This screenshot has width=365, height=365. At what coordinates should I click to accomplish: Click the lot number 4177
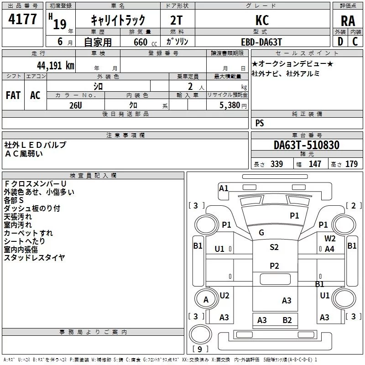[x=22, y=19]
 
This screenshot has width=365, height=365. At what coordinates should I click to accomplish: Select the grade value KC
[x=262, y=20]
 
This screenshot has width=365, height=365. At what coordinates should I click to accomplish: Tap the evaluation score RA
[x=348, y=21]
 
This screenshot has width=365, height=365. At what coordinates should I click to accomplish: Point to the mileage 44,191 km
[x=55, y=66]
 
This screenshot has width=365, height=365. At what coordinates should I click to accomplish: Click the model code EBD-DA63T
[x=261, y=42]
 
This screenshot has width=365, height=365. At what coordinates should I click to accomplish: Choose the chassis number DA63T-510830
[x=306, y=145]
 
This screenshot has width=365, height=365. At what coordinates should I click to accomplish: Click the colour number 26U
[x=76, y=105]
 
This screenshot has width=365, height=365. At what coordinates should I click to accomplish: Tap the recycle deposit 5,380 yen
[x=233, y=105]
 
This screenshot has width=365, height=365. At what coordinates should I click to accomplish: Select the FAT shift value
[x=13, y=95]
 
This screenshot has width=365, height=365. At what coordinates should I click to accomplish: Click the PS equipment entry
[x=260, y=123]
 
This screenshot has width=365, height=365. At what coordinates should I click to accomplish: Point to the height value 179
[x=351, y=164]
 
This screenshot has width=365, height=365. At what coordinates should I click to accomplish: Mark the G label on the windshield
[x=261, y=232]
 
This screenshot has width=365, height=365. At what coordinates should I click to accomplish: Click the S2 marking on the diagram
[x=274, y=247]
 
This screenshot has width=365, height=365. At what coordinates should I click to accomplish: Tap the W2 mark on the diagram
[x=330, y=238]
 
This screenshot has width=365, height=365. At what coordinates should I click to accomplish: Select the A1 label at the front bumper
[x=224, y=188]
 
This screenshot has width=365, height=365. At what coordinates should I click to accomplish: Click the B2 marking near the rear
[x=287, y=320]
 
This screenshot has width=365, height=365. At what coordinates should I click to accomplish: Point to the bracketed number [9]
[x=200, y=349]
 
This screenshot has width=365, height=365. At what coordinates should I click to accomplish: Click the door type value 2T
[x=176, y=20]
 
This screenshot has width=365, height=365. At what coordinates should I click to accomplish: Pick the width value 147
[x=315, y=164]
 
